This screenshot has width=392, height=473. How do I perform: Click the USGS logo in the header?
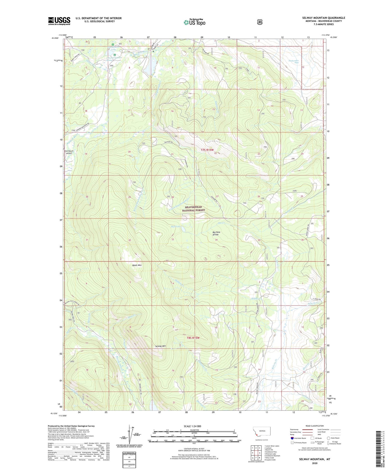[x=59, y=21]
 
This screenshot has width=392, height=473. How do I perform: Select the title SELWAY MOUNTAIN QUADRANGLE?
[x=323, y=18]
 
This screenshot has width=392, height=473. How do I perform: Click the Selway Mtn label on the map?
[x=160, y=346]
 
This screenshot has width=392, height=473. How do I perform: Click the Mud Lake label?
[x=176, y=226]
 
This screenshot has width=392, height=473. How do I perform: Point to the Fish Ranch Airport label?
[x=69, y=152]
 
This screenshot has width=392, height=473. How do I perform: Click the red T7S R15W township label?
[x=207, y=150]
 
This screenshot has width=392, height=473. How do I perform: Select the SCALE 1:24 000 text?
[x=192, y=426]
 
